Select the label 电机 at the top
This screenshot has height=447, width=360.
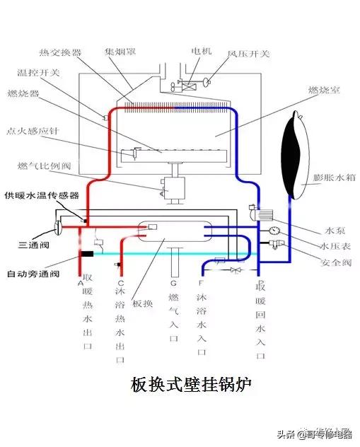click(202, 52)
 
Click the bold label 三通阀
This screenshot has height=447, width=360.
click(33, 245)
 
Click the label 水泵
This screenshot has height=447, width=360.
click(333, 230)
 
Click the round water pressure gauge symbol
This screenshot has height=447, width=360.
click(274, 231)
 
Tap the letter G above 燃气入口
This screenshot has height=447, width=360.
click(173, 283)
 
